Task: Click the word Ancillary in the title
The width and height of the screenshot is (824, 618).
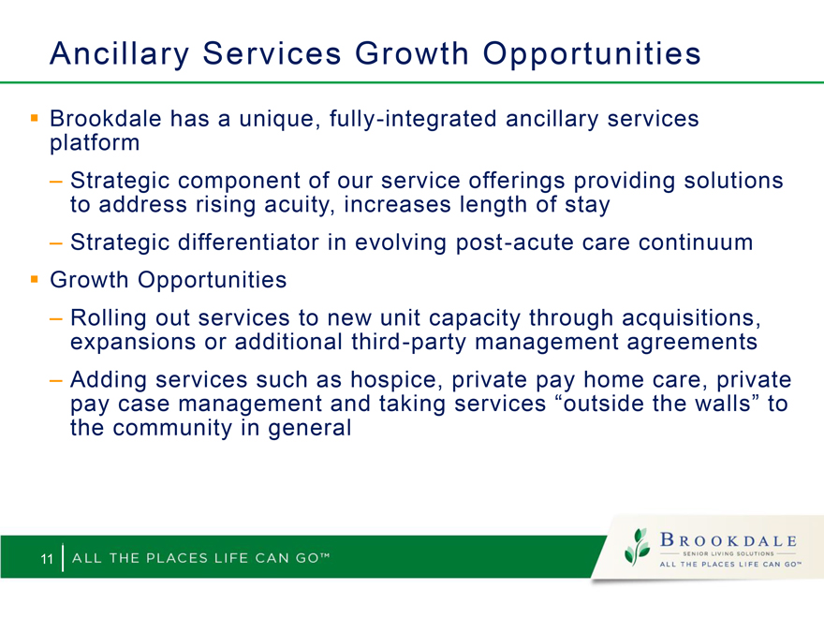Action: click(x=119, y=54)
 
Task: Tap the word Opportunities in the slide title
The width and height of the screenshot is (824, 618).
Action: click(x=592, y=54)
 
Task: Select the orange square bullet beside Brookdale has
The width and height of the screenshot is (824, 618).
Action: click(x=35, y=118)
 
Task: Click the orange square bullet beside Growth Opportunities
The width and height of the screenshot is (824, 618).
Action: click(x=35, y=279)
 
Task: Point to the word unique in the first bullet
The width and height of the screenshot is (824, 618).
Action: click(x=279, y=120)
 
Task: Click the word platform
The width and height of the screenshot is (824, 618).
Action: click(x=95, y=143)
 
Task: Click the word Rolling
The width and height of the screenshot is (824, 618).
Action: click(x=109, y=319)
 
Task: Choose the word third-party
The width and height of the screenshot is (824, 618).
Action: click(x=408, y=343)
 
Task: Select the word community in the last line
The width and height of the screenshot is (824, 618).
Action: click(x=172, y=428)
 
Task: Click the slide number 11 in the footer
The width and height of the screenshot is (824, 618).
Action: click(x=47, y=559)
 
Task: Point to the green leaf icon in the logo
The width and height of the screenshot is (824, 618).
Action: click(x=637, y=547)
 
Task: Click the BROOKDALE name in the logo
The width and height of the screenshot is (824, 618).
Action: click(x=728, y=540)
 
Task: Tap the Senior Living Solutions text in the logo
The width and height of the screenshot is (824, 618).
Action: click(x=728, y=553)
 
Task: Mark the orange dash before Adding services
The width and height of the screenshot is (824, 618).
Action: click(x=55, y=380)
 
